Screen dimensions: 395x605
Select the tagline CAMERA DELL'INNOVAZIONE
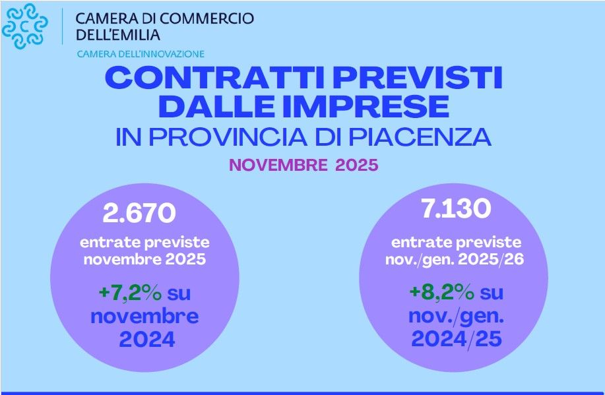point(141,54)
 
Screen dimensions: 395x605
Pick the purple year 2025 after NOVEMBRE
point(356,164)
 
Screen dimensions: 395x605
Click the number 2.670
point(139,213)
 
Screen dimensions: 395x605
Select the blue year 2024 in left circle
point(146,340)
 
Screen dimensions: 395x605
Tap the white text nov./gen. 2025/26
point(455,259)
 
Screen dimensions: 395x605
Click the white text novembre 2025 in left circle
point(144,259)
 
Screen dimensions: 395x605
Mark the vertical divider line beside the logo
point(62,27)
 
